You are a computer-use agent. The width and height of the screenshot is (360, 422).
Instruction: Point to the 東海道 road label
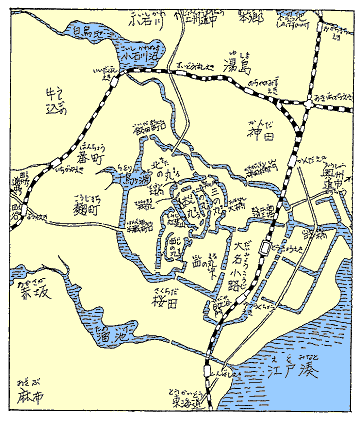point(195,402)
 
